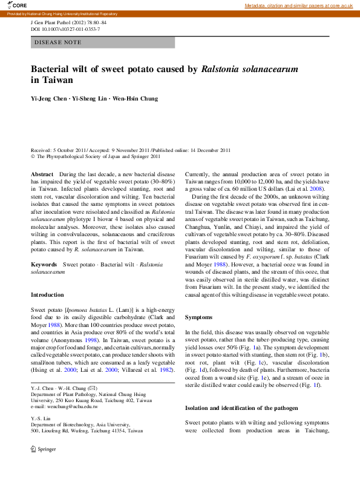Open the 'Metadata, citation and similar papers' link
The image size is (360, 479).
[298, 5]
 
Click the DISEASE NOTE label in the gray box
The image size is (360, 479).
[57, 42]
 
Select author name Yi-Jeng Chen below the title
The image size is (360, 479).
[50, 98]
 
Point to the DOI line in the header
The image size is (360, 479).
[65, 29]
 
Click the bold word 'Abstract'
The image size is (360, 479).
[42, 174]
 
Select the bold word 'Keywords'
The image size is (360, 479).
[44, 265]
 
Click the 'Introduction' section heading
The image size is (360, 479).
[47, 295]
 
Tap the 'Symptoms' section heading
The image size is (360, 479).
[198, 317]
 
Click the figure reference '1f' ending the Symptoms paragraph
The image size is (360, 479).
[316, 385]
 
